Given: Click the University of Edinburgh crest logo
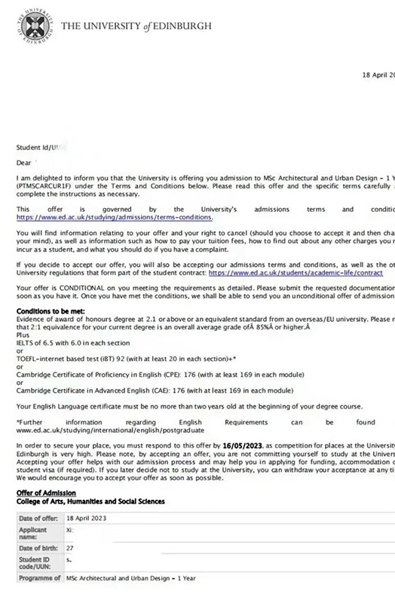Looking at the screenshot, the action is tap(35, 26).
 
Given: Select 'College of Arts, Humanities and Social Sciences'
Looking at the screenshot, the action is tap(90, 501).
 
